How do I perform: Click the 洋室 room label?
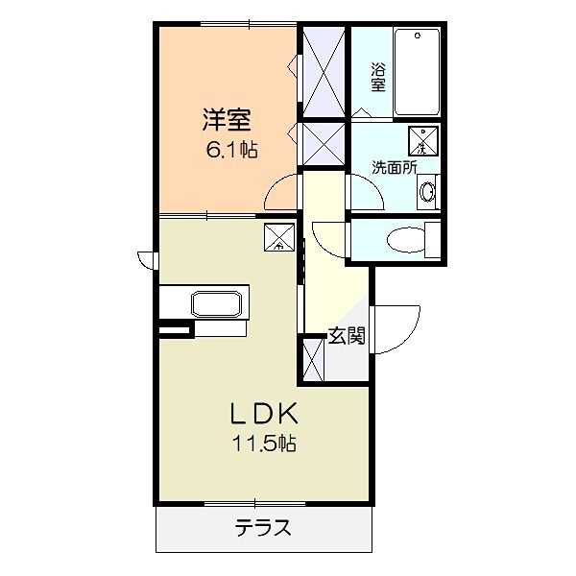click(227, 120)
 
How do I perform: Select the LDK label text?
click(262, 415)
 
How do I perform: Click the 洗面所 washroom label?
click(395, 166)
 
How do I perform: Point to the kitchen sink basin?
click(220, 305)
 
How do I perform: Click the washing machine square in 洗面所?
click(421, 140)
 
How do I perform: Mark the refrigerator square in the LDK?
click(279, 236)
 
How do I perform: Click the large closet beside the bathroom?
click(324, 70)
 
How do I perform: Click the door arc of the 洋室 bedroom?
click(283, 192)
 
